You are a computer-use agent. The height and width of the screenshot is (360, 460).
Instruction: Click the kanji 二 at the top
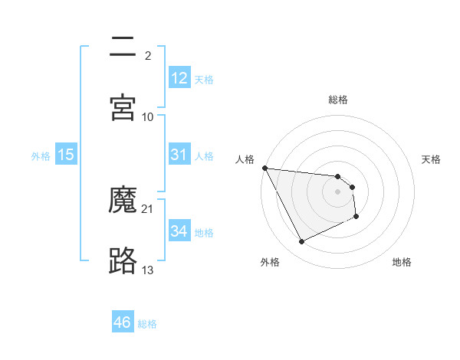click(123, 48)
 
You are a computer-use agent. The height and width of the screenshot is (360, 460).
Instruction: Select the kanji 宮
click(123, 108)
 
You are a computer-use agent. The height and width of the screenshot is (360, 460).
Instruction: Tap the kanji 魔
click(123, 201)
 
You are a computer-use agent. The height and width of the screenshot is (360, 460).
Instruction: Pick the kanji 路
click(123, 260)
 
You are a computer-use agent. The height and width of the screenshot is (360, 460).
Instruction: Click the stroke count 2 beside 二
click(148, 55)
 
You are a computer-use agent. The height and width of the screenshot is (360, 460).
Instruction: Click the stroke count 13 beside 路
click(148, 270)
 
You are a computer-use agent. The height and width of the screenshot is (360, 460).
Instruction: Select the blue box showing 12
click(179, 78)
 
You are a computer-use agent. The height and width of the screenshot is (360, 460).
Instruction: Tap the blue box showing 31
click(179, 155)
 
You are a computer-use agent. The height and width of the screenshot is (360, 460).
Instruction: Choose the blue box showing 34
click(179, 231)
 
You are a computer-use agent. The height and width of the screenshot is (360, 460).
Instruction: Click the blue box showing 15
click(66, 155)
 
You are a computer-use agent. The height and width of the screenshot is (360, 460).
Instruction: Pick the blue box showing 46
click(122, 322)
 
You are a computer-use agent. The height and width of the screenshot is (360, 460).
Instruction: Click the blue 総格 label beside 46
click(147, 323)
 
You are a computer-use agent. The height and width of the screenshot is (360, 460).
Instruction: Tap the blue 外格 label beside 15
click(41, 155)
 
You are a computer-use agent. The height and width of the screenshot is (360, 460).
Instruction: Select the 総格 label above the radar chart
click(338, 100)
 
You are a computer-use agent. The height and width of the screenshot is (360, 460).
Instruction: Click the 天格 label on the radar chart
click(432, 159)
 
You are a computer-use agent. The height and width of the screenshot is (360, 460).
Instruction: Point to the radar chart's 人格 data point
click(264, 168)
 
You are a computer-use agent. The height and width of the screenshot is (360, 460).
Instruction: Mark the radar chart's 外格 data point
click(301, 242)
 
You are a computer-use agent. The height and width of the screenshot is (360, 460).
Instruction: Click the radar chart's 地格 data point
click(356, 218)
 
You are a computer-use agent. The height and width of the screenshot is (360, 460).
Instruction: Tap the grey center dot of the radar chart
click(338, 191)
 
